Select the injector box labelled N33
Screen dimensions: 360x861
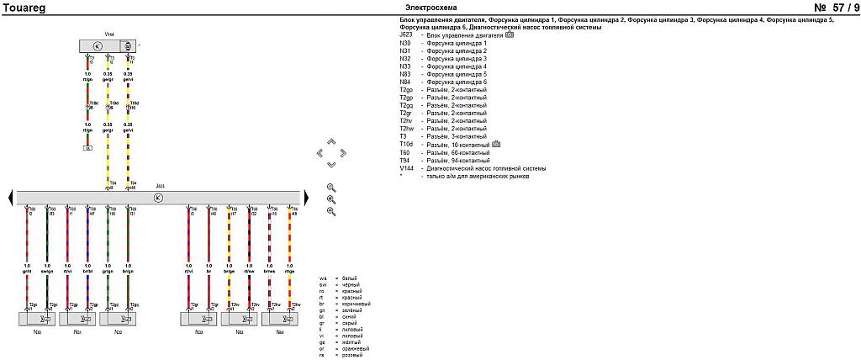199,319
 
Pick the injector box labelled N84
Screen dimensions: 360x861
280,319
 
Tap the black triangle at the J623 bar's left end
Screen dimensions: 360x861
10,197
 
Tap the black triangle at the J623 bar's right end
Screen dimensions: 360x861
306,197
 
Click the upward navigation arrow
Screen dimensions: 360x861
330,141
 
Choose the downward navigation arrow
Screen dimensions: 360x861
330,164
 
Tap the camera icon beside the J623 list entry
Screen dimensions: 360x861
510,35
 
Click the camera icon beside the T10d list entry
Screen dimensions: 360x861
496,144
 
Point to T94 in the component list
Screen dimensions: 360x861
406,160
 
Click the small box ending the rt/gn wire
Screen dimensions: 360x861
87,147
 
